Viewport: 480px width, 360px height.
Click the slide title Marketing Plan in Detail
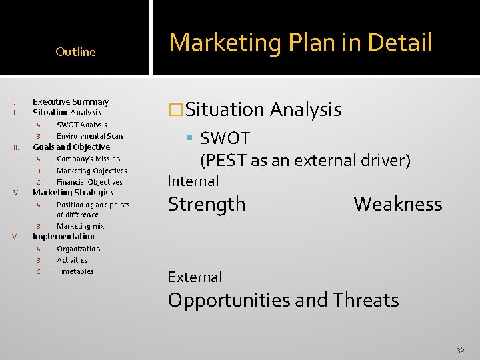301,43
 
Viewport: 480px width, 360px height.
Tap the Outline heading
75,52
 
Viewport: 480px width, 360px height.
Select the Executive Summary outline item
71,102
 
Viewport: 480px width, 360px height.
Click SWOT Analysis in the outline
81,125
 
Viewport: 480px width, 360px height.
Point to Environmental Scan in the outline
89,136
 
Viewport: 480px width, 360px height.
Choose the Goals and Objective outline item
71,147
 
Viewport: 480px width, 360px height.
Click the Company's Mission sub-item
88,159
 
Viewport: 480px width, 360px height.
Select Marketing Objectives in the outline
91,171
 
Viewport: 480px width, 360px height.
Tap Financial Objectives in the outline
89,182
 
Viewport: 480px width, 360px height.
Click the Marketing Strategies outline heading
73,193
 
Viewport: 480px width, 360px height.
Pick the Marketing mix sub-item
80,226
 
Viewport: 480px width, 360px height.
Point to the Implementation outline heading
63,237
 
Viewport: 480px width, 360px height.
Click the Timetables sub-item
75,271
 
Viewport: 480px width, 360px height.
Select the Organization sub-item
78,249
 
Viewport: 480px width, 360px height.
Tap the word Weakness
397,204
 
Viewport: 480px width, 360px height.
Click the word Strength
207,204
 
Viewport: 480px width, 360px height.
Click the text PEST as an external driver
305,161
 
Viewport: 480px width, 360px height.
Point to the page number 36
461,349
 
